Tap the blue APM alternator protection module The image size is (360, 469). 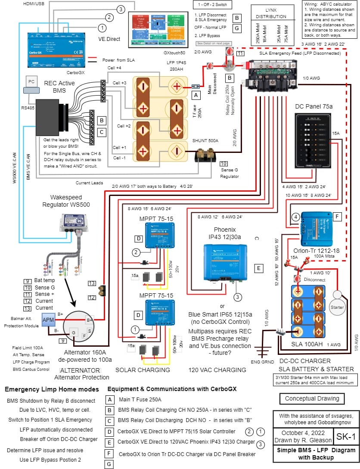click(x=48, y=320)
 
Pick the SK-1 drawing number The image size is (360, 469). click(x=348, y=437)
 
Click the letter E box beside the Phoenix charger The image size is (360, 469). click(x=259, y=267)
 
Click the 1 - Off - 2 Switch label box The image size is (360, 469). click(x=213, y=5)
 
